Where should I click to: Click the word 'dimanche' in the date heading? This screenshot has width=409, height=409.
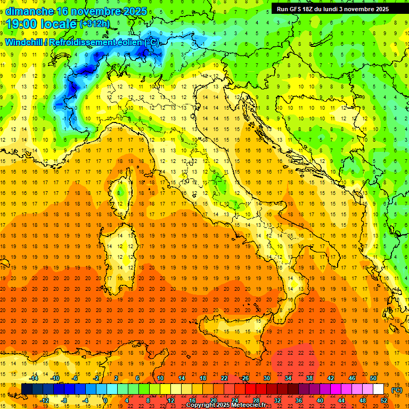(x=27, y=11)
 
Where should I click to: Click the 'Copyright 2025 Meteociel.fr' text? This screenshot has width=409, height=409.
(x=226, y=405)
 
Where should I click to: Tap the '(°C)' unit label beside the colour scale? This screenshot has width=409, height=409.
(x=397, y=389)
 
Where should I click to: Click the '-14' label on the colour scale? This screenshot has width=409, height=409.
(x=34, y=378)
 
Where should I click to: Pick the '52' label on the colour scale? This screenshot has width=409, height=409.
(x=384, y=400)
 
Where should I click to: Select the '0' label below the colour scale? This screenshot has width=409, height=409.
(x=105, y=400)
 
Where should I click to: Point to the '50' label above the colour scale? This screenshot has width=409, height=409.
(x=373, y=378)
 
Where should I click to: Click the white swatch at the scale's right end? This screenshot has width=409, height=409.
(x=379, y=389)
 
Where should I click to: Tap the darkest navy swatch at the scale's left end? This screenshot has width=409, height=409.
(x=26, y=389)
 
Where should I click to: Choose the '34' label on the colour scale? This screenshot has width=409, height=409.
(x=288, y=378)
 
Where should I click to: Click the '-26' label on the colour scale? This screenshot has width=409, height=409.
(x=244, y=378)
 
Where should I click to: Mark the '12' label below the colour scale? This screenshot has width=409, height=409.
(x=171, y=400)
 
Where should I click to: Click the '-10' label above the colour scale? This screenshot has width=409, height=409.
(x=55, y=378)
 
